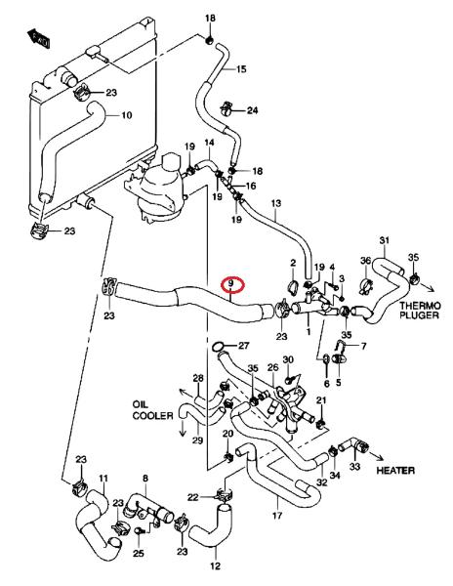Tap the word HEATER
point(395,470)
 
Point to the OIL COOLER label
point(152,410)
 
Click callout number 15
point(241,69)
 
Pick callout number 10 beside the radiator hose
point(127,114)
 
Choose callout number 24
point(253,110)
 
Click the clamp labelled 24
point(226,107)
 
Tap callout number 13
point(276,204)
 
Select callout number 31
point(385,240)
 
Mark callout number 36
point(365,260)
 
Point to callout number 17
point(276,516)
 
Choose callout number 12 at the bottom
point(216,565)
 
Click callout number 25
point(139,553)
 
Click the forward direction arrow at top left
point(38,37)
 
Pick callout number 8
point(145,478)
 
